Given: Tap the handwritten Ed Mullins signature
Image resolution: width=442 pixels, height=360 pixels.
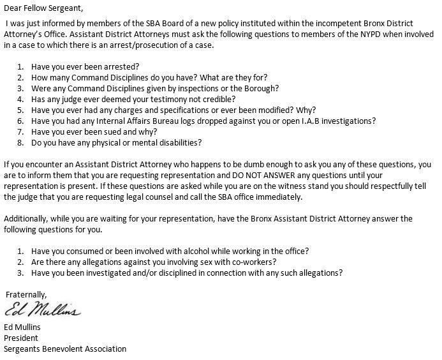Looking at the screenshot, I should tap(43, 311).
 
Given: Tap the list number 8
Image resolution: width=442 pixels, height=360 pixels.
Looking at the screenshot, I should tap(19, 142).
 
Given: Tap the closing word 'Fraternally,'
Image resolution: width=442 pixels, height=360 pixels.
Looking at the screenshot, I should tap(26, 294).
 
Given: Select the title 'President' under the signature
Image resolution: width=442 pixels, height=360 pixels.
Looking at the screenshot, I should tap(21, 338).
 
